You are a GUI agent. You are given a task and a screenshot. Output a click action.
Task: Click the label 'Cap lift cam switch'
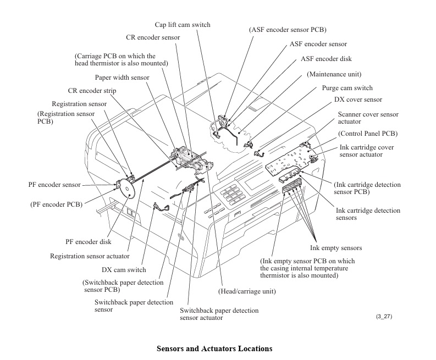coord(182,25)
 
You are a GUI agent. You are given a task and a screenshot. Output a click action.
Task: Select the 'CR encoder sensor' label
coord(152,37)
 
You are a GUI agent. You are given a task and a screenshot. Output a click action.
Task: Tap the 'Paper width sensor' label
coord(122,77)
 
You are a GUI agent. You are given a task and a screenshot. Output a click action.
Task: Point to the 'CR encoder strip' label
coord(92,91)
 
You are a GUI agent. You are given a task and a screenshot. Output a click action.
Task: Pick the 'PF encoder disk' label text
coord(89,241)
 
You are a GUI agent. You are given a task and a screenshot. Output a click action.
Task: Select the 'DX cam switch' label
coord(124,270)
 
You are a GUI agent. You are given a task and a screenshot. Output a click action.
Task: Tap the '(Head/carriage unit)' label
coord(247,291)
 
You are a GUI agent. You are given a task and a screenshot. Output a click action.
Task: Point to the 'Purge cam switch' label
coord(347,88)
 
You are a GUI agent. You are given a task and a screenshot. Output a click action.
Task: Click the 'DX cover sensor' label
coord(358,100)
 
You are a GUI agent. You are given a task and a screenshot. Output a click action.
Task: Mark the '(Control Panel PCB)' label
coord(368,134)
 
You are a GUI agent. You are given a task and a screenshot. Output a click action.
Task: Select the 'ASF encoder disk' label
coord(326,59)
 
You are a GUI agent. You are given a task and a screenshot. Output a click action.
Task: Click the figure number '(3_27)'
coord(384,317)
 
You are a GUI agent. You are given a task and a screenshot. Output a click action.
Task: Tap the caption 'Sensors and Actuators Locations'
coord(214,348)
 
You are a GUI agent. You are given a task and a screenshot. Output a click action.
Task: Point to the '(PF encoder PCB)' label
coord(56,204)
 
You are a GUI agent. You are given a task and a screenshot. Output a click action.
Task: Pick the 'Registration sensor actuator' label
coord(90,256)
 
